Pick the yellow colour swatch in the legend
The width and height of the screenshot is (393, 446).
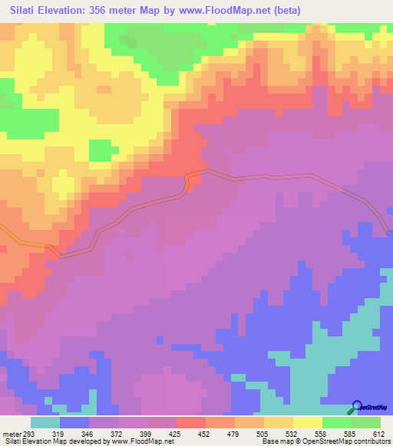click(x=307, y=423)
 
